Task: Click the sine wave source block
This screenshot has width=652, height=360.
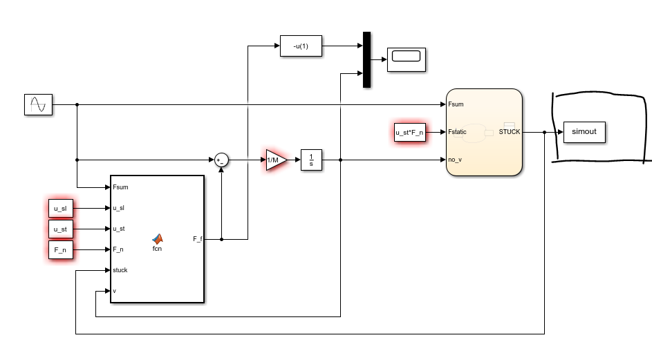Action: (38, 104)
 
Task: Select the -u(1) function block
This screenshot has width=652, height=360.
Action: (301, 46)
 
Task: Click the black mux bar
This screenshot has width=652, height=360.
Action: (366, 59)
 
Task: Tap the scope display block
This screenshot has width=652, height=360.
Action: (406, 59)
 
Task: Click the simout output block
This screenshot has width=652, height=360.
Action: (584, 132)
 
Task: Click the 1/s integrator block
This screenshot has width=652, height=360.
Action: (312, 160)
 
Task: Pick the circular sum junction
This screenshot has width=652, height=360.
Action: (221, 160)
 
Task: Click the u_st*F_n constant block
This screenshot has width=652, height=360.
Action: (409, 132)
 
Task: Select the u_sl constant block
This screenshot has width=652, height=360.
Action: (60, 208)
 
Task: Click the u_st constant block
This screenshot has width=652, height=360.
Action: (60, 229)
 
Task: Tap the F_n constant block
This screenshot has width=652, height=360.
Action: (60, 249)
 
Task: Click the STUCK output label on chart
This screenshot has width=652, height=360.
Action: (509, 132)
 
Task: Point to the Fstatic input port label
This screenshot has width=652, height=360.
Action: (457, 132)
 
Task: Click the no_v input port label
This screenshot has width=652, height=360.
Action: (454, 160)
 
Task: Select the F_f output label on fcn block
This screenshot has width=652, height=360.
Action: (197, 239)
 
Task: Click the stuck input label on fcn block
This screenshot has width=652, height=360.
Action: (120, 270)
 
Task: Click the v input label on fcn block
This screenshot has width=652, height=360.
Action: (114, 291)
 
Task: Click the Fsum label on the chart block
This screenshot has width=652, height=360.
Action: (456, 104)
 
